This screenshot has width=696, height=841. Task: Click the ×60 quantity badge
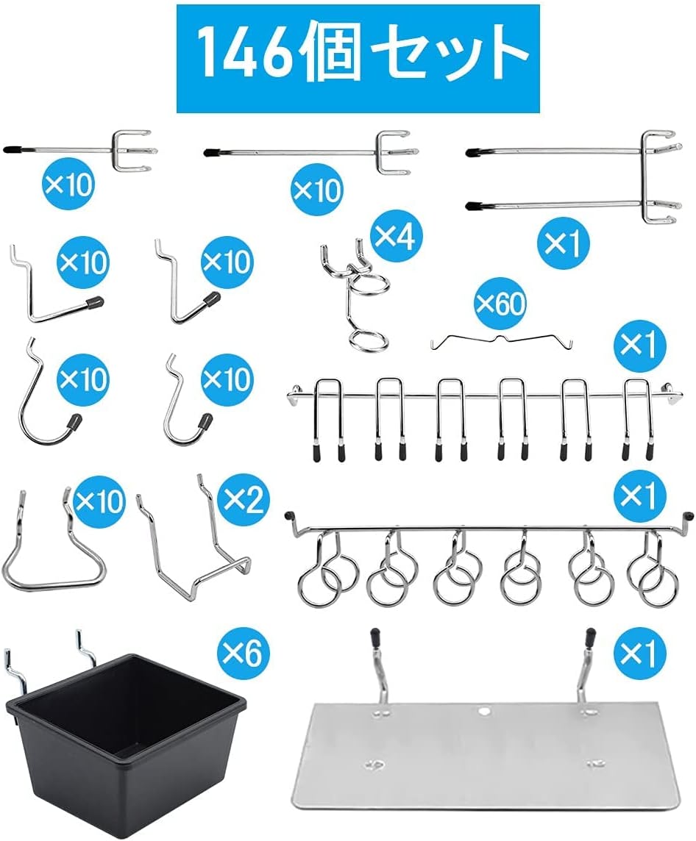pos(501,304)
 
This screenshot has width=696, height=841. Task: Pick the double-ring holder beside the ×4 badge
pos(354,293)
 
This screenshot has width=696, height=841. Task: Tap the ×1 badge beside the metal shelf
pos(639,651)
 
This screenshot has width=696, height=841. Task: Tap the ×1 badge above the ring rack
pos(639,495)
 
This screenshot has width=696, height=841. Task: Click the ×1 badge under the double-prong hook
pos(562,244)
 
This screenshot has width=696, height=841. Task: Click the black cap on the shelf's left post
pos(374,638)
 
